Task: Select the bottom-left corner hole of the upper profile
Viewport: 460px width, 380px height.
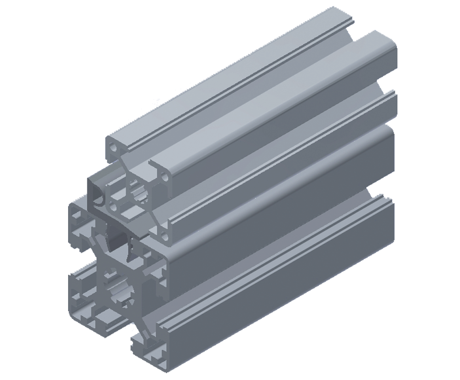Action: tap(113, 207)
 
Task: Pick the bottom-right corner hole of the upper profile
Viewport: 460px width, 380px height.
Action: tap(164, 238)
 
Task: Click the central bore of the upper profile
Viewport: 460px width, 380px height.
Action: tap(138, 193)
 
